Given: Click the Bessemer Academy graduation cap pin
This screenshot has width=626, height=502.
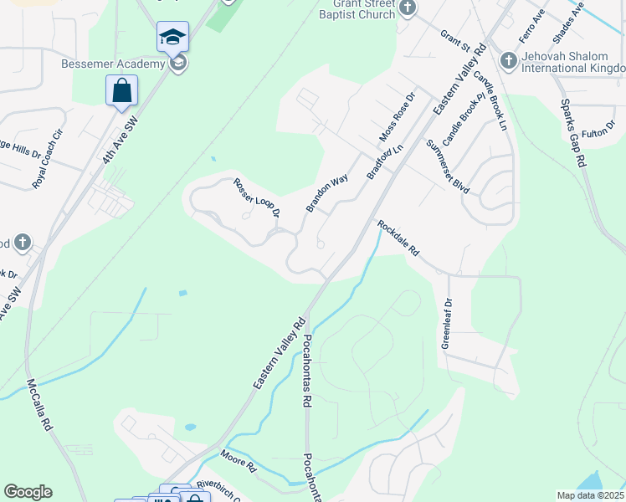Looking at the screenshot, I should (172, 38).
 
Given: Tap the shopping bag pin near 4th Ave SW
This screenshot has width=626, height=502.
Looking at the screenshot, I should (121, 90).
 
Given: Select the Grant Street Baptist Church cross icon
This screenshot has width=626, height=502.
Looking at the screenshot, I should (408, 8).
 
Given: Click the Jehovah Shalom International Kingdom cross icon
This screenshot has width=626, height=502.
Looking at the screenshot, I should (508, 61).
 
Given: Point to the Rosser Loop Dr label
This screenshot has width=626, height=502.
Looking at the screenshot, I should (255, 198).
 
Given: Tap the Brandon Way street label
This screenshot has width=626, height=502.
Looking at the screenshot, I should (326, 193).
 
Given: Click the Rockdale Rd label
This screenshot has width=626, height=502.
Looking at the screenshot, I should (397, 238).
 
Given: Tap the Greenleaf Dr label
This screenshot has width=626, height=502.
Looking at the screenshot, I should (447, 323).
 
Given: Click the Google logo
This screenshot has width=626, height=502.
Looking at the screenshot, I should (28, 492).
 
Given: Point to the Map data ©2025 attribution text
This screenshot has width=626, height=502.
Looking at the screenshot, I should (590, 495).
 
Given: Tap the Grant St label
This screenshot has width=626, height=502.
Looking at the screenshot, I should (454, 38).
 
